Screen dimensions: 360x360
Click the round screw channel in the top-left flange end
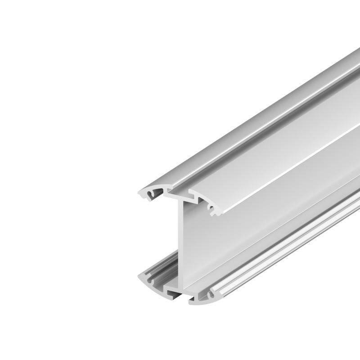tap(148, 194)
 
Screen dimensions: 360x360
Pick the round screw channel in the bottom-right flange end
tap(211, 296)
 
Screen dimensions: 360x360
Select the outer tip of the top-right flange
tap(221, 215)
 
